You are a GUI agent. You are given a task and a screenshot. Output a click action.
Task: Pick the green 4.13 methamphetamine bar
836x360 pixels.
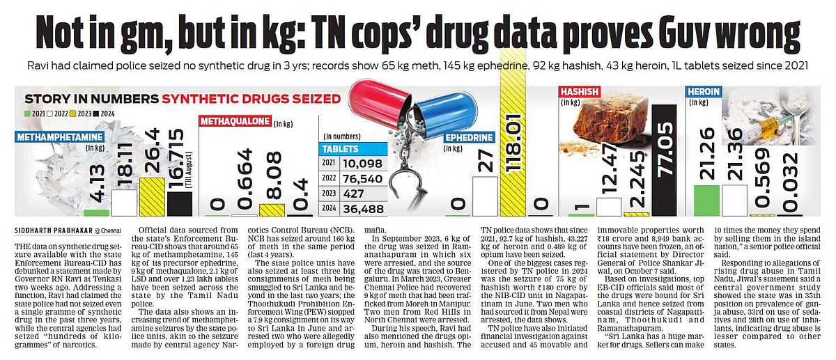coord(97,212)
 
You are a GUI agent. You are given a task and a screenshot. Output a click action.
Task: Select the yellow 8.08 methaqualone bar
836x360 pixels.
coord(271,209)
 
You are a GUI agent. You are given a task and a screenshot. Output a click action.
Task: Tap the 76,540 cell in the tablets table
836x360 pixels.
coord(362,178)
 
